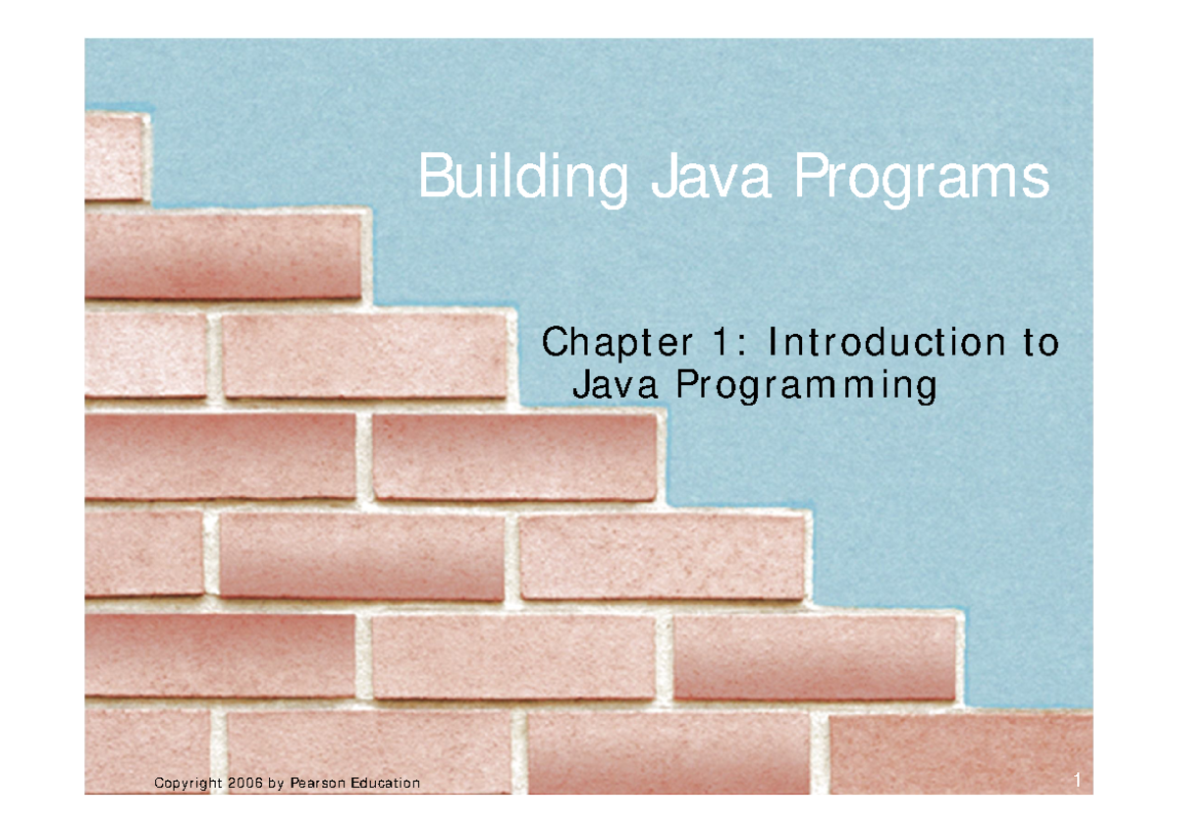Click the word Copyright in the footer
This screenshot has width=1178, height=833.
[187, 783]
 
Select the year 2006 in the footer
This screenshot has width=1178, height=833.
[244, 783]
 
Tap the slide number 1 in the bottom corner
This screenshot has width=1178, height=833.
[1077, 781]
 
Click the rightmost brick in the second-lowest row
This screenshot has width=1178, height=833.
[815, 656]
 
